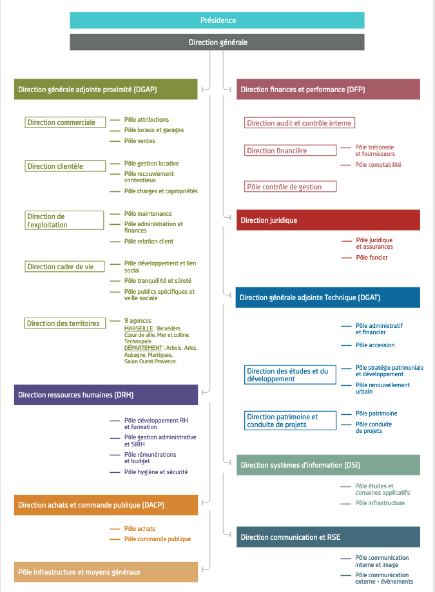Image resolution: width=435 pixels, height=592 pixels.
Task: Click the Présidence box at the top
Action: tap(217, 21)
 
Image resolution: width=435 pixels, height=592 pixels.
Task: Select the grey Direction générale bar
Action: tap(217, 43)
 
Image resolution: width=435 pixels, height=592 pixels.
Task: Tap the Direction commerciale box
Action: tap(65, 122)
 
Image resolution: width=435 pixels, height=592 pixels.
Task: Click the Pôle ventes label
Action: tap(140, 141)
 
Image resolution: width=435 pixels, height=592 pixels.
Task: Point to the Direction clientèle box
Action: tap(65, 166)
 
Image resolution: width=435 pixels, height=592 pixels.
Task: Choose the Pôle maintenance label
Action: tap(148, 214)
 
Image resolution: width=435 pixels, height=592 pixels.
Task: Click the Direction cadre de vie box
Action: tap(64, 267)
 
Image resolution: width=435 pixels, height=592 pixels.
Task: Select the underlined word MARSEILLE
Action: tap(139, 329)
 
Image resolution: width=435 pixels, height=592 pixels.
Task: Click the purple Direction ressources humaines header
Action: tap(106, 395)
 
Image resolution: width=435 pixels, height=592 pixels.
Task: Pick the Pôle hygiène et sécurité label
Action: tap(156, 472)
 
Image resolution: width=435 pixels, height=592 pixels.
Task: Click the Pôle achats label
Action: tap(140, 529)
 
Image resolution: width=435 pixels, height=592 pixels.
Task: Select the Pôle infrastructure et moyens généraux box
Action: tap(106, 572)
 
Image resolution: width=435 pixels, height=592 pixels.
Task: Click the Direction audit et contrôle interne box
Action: tap(300, 122)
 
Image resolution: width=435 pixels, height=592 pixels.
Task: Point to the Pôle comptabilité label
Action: tap(378, 165)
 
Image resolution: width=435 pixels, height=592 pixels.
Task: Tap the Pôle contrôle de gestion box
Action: tap(290, 187)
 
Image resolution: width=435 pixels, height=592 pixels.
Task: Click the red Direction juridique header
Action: tap(328, 220)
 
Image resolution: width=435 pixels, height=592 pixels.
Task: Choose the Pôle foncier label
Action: tap(372, 258)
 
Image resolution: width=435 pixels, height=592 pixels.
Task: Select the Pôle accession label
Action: tap(375, 345)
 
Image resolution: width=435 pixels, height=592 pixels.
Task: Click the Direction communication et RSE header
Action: tap(328, 537)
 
